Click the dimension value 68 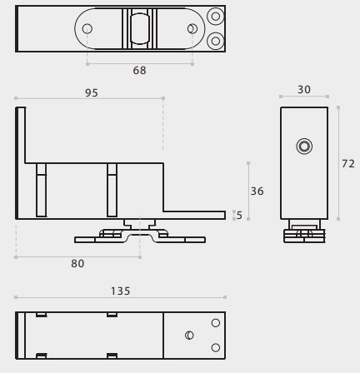(x=139, y=71)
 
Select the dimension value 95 (x=92, y=92)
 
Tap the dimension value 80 (x=77, y=263)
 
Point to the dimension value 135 (x=120, y=291)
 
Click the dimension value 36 (x=257, y=191)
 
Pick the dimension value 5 (x=239, y=216)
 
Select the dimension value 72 (x=348, y=164)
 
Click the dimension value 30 (x=304, y=90)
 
